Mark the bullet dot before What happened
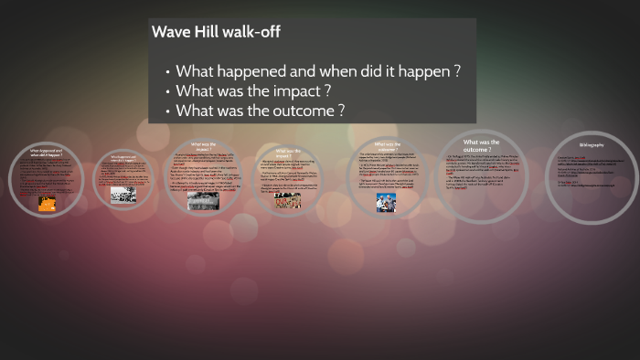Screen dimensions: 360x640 tap(168, 72)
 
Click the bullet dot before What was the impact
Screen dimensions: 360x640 tap(168, 92)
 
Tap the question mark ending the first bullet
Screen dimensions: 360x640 tap(457, 71)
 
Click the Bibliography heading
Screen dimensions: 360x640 tap(592, 145)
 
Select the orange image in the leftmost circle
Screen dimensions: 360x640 tap(46, 205)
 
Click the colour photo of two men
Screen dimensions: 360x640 tap(385, 203)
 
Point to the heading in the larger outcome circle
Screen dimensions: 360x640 tap(481, 145)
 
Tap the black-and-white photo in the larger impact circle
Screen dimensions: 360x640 tap(202, 201)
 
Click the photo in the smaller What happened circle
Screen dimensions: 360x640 tap(123, 194)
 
